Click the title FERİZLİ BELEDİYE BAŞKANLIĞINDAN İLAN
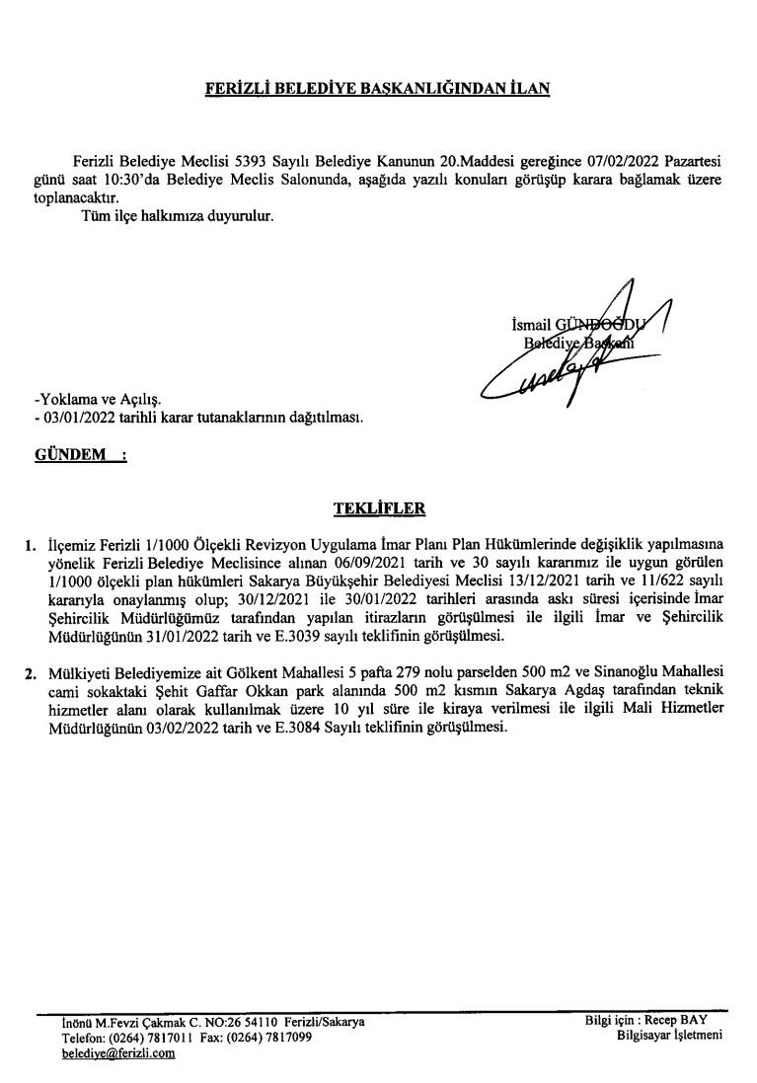[377, 89]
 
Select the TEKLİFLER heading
[379, 509]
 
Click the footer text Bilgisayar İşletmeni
[670, 1038]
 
